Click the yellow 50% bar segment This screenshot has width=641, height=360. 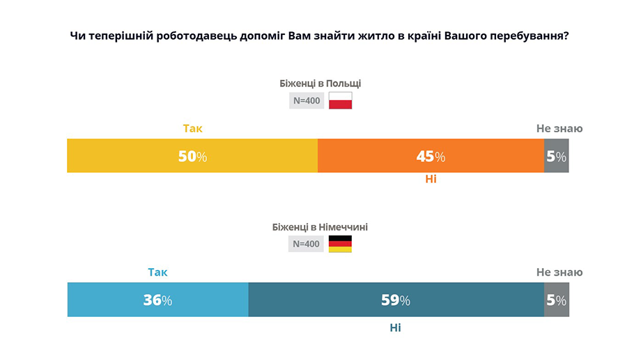[192, 156]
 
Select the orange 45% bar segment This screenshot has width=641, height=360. [431, 156]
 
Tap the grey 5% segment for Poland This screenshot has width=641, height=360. [556, 156]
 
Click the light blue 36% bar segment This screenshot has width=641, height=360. [157, 300]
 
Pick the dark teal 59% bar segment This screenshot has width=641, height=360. [396, 300]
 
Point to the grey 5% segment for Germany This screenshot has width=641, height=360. [556, 300]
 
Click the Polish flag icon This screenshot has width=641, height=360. [340, 100]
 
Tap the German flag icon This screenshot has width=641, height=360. [340, 244]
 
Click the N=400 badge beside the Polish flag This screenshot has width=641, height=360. [307, 100]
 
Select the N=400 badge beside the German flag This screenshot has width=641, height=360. [307, 244]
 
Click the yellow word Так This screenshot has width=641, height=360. [192, 128]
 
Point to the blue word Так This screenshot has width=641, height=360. [157, 272]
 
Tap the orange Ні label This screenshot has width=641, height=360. [431, 179]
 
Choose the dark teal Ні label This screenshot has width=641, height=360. [395, 327]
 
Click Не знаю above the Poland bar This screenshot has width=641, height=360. [559, 128]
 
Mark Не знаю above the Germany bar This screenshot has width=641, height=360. [559, 272]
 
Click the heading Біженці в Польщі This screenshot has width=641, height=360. [320, 84]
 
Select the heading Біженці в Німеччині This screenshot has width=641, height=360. [320, 227]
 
